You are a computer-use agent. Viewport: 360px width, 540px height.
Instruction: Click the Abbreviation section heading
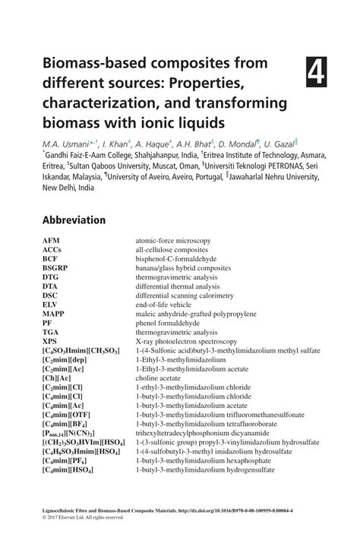[x=74, y=220]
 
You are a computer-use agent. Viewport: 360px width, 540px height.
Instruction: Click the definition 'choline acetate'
[x=160, y=376]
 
